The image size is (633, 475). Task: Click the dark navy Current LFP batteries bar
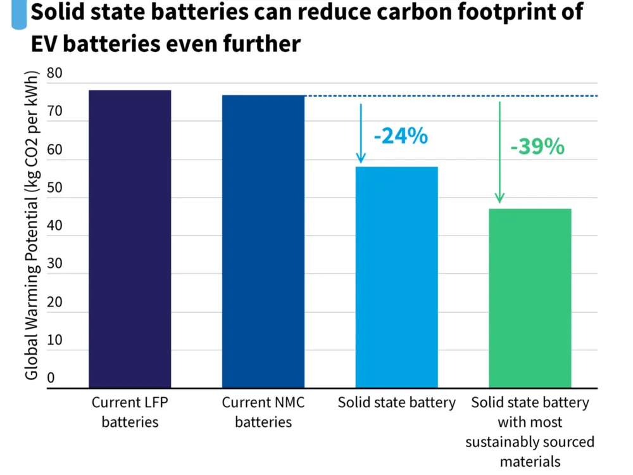pyautogui.click(x=130, y=239)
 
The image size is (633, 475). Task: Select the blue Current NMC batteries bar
pyautogui.click(x=263, y=241)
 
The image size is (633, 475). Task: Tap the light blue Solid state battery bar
pyautogui.click(x=396, y=277)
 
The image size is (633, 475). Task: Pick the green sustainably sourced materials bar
pyautogui.click(x=530, y=298)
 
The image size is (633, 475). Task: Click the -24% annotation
pyautogui.click(x=401, y=136)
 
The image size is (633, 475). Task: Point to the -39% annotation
pyautogui.click(x=537, y=146)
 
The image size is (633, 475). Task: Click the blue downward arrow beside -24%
pyautogui.click(x=361, y=133)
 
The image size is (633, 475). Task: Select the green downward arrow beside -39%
pyautogui.click(x=499, y=152)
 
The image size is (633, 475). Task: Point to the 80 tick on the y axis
pyautogui.click(x=56, y=73)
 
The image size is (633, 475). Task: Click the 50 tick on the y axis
pyautogui.click(x=56, y=188)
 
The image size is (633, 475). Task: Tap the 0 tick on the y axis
pyautogui.click(x=51, y=378)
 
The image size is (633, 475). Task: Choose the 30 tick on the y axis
pyautogui.click(x=56, y=264)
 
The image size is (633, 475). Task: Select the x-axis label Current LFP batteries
pyautogui.click(x=130, y=412)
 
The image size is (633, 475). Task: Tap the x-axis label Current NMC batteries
pyautogui.click(x=263, y=412)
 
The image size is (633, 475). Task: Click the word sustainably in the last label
pyautogui.click(x=500, y=442)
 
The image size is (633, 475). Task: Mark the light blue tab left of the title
pyautogui.click(x=19, y=14)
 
